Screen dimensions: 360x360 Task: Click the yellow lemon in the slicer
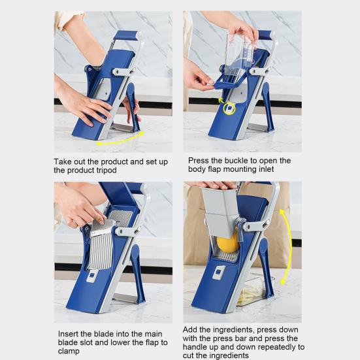(x=228, y=244)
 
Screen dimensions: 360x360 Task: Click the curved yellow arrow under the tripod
(x=120, y=139)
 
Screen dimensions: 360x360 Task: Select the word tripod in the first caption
(x=105, y=171)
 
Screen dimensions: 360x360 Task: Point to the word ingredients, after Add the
(x=233, y=330)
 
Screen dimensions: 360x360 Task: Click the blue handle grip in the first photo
(x=126, y=35)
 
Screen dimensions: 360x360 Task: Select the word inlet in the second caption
(x=266, y=169)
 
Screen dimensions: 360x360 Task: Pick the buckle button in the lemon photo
(x=220, y=272)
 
